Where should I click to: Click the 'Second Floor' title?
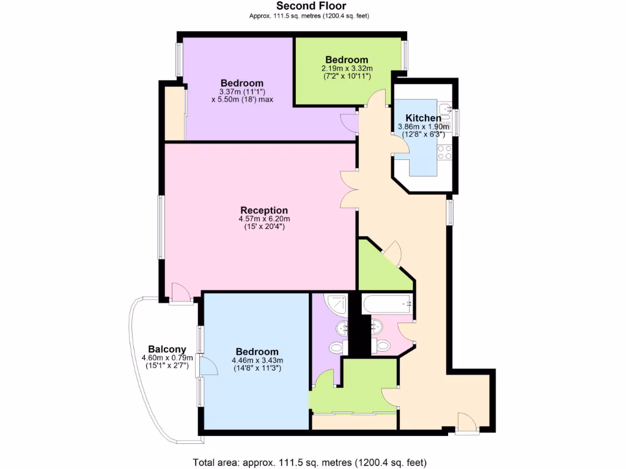[x=311, y=6]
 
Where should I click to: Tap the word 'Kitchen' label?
[x=423, y=118]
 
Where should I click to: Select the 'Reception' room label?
[x=263, y=211]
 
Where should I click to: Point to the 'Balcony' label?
[x=163, y=349]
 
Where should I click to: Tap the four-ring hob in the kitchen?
[x=444, y=152]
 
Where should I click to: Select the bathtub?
[x=387, y=304]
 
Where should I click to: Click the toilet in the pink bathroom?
[x=383, y=345]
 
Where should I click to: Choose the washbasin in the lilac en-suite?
[x=341, y=329]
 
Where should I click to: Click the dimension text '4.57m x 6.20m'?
[x=263, y=219]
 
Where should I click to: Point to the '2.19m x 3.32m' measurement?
[x=347, y=68]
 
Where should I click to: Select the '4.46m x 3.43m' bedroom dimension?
[x=257, y=360]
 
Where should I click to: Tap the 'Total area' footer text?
[x=309, y=462]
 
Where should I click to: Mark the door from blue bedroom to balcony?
[x=208, y=366]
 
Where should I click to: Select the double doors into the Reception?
[x=349, y=189]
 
